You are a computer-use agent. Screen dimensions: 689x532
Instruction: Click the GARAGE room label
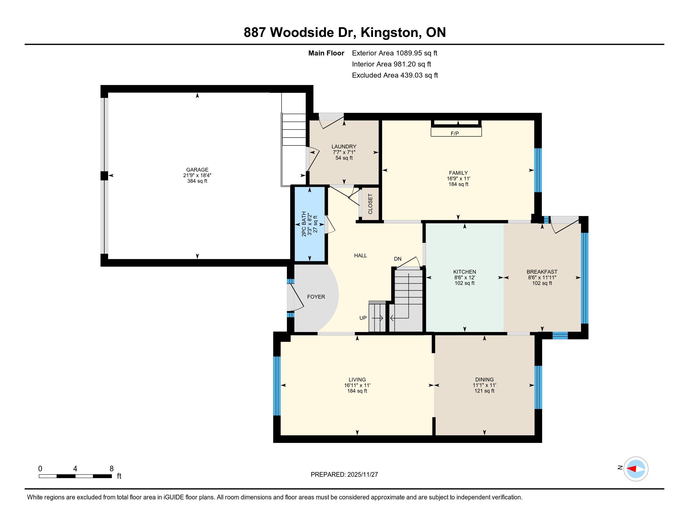click(197, 170)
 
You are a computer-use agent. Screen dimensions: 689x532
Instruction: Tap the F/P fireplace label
click(455, 134)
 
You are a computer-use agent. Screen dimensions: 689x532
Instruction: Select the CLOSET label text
click(370, 204)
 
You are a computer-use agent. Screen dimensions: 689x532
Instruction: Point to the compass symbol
click(636, 469)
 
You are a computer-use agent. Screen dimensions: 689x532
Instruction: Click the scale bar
click(75, 476)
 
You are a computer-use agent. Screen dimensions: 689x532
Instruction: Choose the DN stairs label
click(397, 259)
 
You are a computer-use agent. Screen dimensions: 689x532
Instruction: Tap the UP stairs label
click(363, 318)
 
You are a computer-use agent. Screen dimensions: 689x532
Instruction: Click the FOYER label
click(316, 297)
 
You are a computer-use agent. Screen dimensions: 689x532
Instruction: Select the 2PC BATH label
click(304, 224)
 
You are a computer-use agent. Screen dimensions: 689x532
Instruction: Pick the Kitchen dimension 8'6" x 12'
click(464, 278)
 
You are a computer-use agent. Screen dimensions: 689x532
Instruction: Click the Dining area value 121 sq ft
click(484, 391)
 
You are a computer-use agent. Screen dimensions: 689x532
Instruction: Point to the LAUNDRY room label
click(344, 146)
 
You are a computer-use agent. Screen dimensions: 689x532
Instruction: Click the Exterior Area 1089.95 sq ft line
click(395, 53)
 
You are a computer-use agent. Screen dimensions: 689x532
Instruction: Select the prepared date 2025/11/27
click(362, 475)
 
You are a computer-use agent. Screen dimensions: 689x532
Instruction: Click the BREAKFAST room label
click(542, 272)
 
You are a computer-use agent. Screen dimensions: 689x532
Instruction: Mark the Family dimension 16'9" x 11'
click(458, 178)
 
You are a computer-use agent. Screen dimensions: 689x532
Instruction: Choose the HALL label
click(360, 256)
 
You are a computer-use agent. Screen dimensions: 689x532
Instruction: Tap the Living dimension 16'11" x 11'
click(357, 385)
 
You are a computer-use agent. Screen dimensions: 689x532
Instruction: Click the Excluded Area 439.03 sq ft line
click(395, 75)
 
